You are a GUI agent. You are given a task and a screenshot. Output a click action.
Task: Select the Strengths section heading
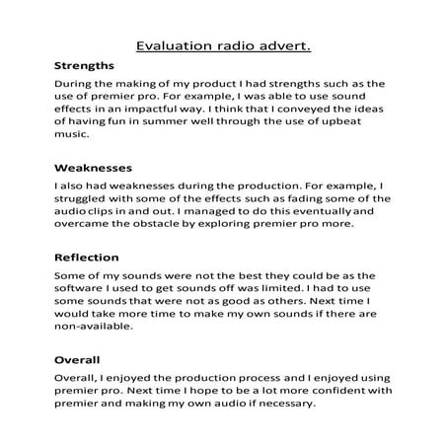pos(85,66)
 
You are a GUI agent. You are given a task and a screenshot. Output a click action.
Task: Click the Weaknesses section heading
pos(94,169)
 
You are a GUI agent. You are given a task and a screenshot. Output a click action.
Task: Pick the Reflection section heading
pos(88,258)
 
